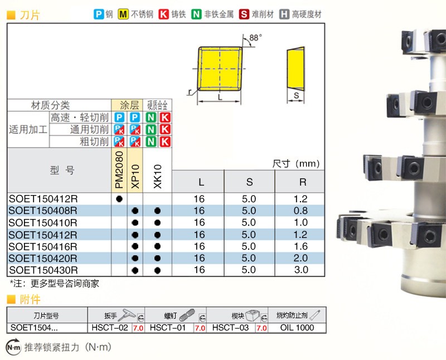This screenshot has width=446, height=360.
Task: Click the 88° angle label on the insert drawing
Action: coord(255,37)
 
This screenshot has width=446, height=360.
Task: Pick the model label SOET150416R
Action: coord(43,246)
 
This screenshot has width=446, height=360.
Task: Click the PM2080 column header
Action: coord(119,171)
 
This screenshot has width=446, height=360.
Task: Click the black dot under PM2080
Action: coord(119,198)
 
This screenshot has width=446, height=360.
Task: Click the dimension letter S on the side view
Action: coord(297,96)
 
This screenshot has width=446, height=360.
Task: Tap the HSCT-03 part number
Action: coord(231,328)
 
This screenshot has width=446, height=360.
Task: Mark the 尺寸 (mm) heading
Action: coord(296,164)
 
